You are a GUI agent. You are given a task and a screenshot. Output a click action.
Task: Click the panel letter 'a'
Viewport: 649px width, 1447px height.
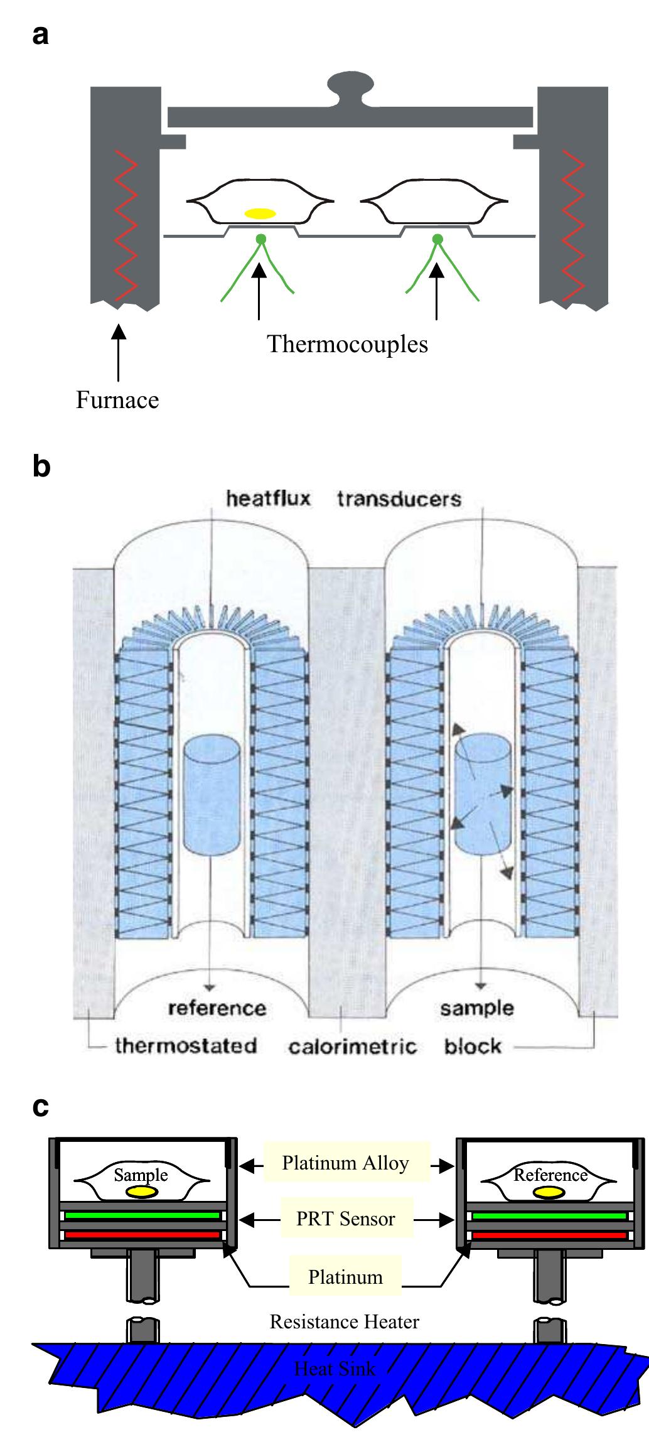[x=40, y=36]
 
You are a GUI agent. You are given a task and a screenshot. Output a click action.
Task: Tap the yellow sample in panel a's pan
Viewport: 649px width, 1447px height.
[x=260, y=213]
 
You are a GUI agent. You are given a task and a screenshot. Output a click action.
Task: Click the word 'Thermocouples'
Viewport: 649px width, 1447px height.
[x=347, y=344]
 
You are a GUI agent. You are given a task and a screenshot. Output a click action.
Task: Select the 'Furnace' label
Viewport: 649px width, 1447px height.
[x=117, y=400]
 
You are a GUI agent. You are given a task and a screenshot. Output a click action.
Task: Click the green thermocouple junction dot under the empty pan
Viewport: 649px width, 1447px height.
[x=437, y=239]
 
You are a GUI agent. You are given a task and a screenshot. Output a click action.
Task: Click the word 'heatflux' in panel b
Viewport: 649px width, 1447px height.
[x=269, y=499]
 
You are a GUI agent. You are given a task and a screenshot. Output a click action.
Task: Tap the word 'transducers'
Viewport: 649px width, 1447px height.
[x=399, y=499]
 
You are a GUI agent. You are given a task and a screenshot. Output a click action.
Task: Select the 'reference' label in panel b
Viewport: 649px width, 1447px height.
[x=217, y=1008]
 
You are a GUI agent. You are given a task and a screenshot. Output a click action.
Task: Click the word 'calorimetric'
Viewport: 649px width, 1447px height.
[x=353, y=1046]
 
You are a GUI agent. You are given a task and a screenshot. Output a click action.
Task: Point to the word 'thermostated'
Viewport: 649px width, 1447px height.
[x=186, y=1046]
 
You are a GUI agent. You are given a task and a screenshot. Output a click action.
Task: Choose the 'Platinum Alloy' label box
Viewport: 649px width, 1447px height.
[x=346, y=1163]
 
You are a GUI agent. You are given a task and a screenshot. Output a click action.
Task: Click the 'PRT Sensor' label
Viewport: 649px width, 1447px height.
[x=346, y=1219]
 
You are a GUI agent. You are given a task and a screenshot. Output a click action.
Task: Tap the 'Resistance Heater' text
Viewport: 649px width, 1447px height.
[x=345, y=1321]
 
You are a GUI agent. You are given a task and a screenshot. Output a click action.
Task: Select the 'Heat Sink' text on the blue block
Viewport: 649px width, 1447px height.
[x=335, y=1369]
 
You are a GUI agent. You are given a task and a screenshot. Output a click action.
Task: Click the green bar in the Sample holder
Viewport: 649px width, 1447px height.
[x=142, y=1215]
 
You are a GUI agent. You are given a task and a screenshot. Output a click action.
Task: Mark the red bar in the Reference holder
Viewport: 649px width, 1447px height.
[x=550, y=1235]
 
